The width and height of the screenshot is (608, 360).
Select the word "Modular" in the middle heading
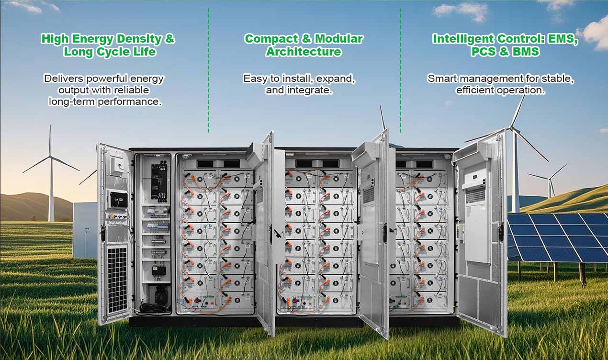coord(338,39)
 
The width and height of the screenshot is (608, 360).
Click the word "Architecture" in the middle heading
coord(304,52)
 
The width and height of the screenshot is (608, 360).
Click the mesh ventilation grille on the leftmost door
coord(117,278)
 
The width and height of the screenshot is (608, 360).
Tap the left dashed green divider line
coord(208,72)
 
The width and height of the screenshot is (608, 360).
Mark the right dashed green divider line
coord(401,72)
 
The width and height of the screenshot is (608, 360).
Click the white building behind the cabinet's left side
coord(85,230)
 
